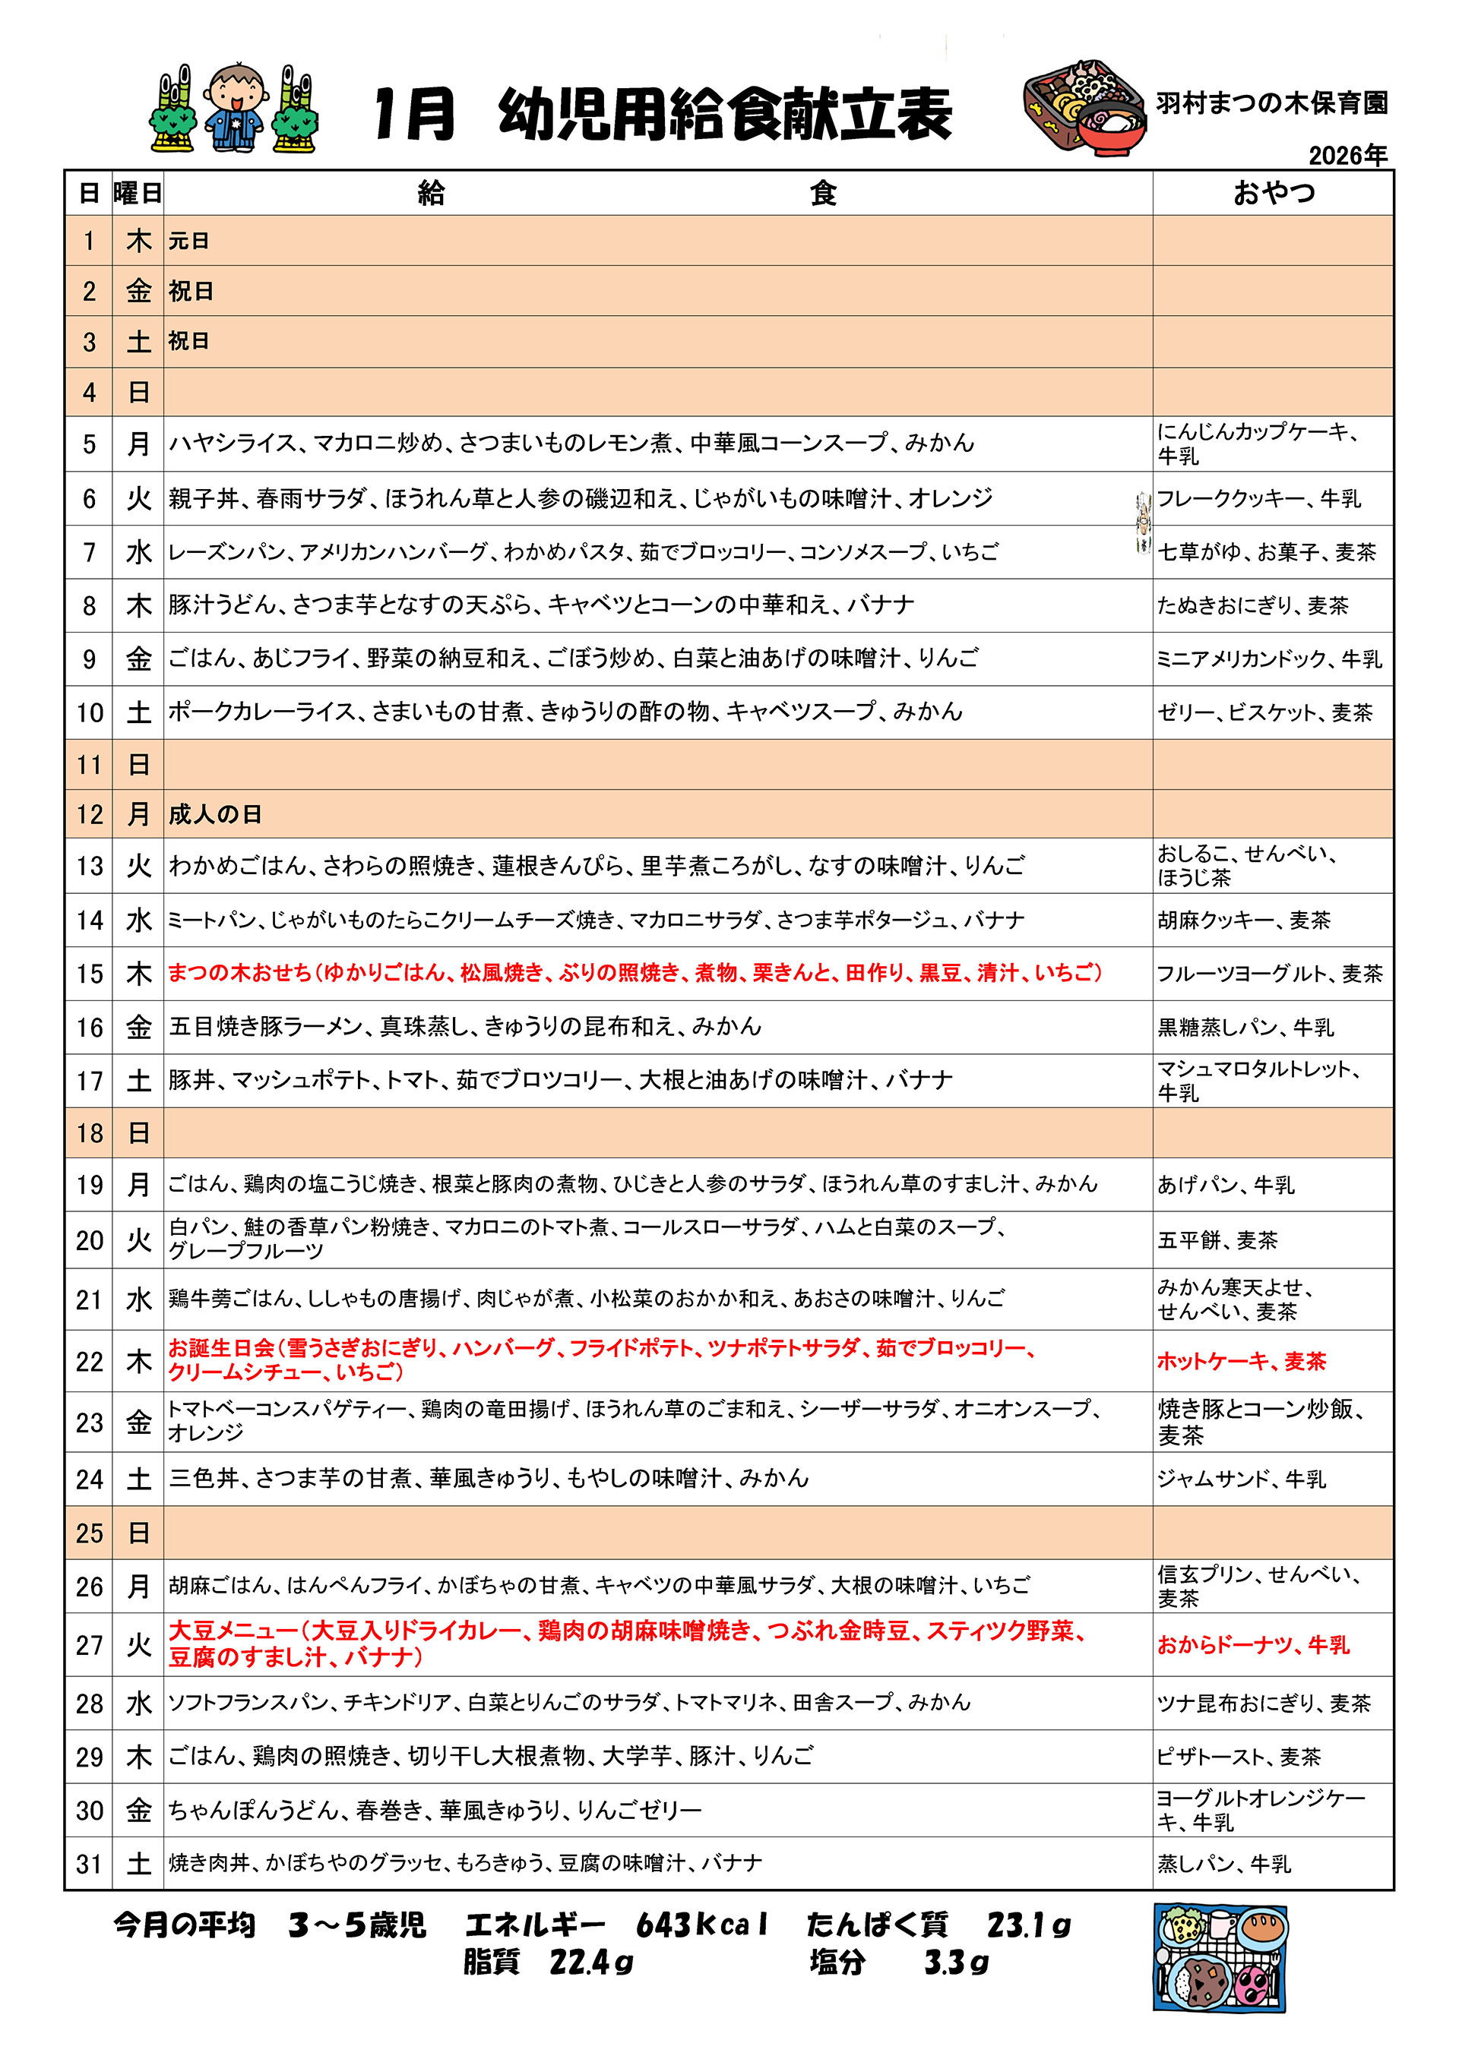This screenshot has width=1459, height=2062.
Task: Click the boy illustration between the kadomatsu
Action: click(235, 108)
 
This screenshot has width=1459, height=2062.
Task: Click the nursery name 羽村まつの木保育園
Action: click(1271, 103)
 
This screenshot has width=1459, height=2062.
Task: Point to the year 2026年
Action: click(1347, 156)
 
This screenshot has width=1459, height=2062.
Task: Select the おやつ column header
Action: click(1273, 193)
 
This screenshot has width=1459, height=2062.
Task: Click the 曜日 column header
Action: click(138, 193)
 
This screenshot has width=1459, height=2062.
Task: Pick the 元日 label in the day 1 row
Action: click(188, 241)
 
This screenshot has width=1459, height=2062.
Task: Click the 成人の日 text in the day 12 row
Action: click(215, 815)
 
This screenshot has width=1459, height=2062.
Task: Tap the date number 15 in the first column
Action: click(89, 974)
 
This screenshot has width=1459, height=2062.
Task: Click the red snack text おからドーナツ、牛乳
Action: click(1252, 1645)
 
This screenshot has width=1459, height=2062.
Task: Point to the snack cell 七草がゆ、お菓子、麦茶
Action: click(1266, 552)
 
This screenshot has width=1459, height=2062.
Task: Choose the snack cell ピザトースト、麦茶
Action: click(1238, 1757)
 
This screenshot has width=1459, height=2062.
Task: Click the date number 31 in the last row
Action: click(89, 1865)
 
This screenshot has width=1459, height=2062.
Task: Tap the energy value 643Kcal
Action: click(701, 1925)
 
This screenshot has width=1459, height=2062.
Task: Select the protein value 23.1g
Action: click(1028, 1925)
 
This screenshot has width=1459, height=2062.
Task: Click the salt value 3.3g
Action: click(956, 1963)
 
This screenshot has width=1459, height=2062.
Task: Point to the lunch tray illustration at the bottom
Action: click(1220, 1957)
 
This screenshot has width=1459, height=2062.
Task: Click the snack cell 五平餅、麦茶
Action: click(1217, 1240)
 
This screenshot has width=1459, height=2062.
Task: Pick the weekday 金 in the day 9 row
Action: click(138, 659)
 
